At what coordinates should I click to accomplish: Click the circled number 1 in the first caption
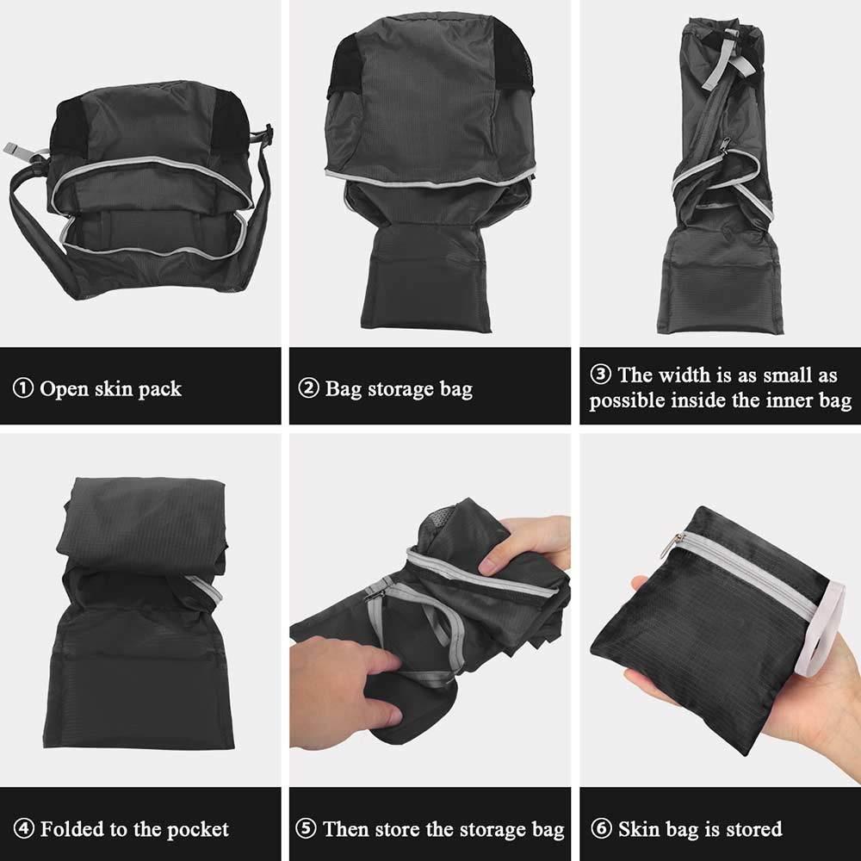click(23, 388)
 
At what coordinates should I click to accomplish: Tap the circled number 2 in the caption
click(308, 388)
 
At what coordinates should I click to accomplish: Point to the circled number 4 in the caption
click(23, 828)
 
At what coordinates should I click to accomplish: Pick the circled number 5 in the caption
click(306, 828)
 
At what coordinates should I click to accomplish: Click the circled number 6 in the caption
click(601, 828)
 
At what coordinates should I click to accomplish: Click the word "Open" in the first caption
click(65, 390)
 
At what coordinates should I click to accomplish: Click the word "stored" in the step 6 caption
click(754, 828)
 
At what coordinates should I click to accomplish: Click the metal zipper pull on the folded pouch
click(678, 541)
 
